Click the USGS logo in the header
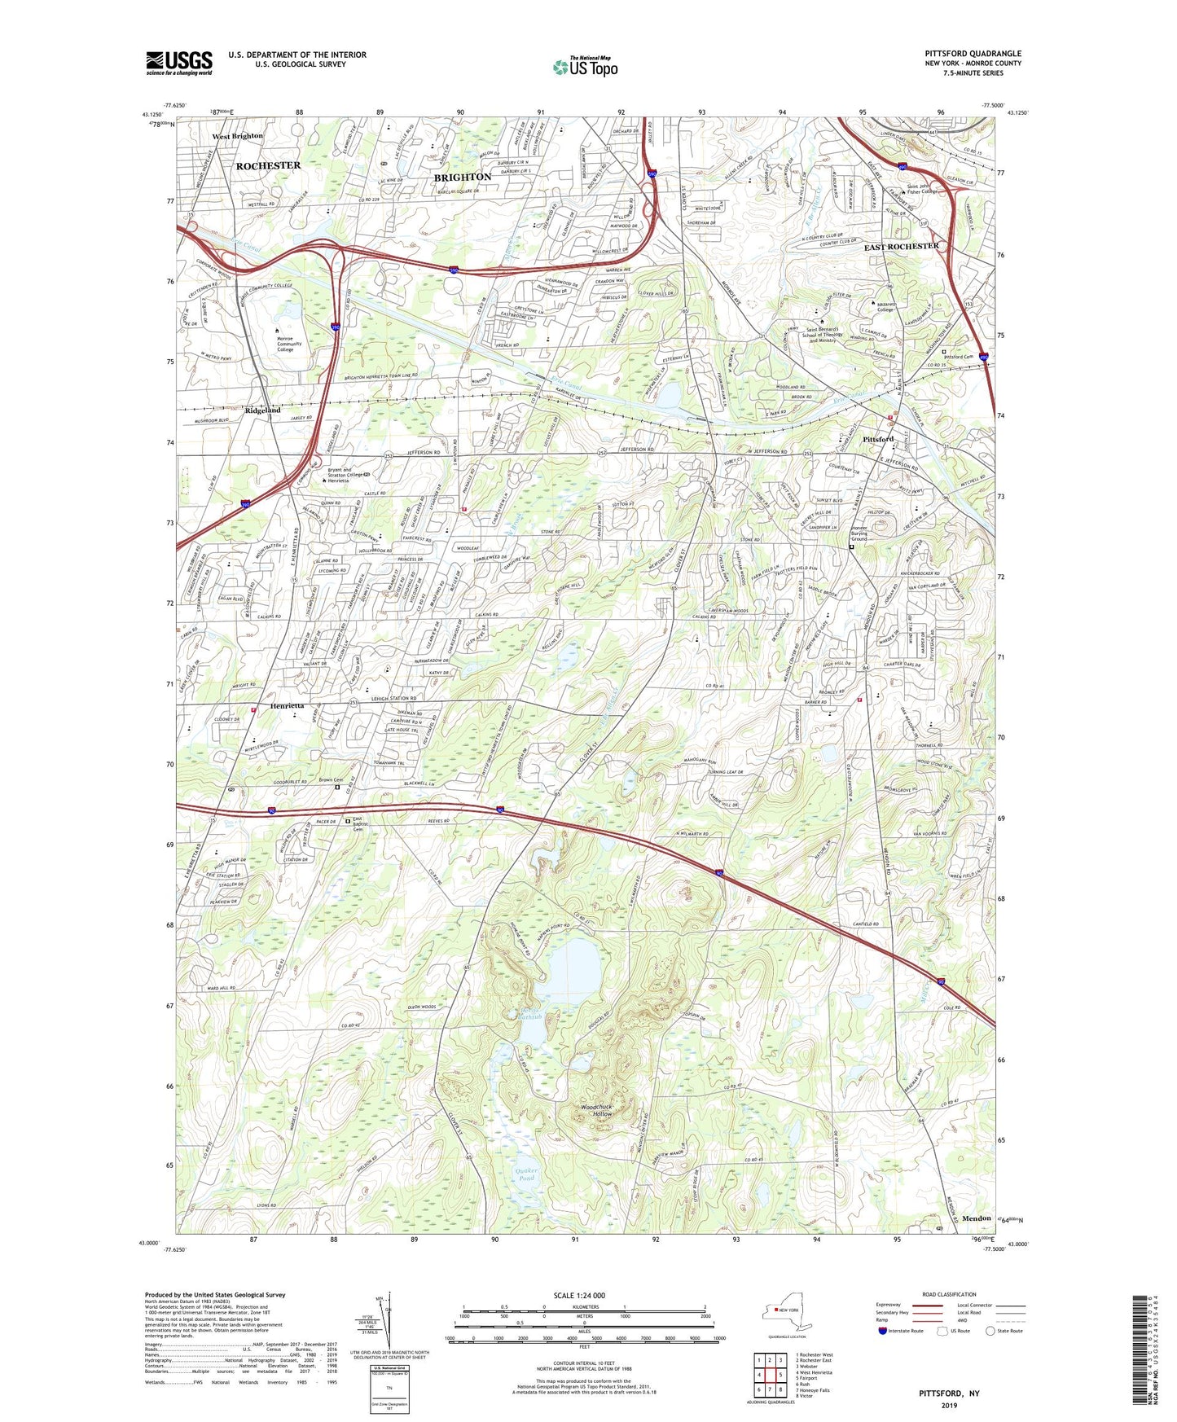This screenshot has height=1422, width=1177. click(179, 63)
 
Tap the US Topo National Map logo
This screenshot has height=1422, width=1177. click(585, 67)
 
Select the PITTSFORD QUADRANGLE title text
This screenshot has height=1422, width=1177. click(973, 54)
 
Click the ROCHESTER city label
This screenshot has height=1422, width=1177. click(268, 165)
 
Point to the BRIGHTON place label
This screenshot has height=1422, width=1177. click(463, 177)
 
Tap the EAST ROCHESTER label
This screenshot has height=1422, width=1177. click(901, 246)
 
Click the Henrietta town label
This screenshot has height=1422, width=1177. click(283, 706)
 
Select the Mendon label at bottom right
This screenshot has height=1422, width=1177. click(977, 1218)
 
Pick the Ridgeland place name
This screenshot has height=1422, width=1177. click(262, 410)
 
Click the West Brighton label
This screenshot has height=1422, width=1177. click(238, 136)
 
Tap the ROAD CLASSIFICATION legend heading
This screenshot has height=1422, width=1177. click(948, 1294)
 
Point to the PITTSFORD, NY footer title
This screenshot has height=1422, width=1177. click(949, 1393)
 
